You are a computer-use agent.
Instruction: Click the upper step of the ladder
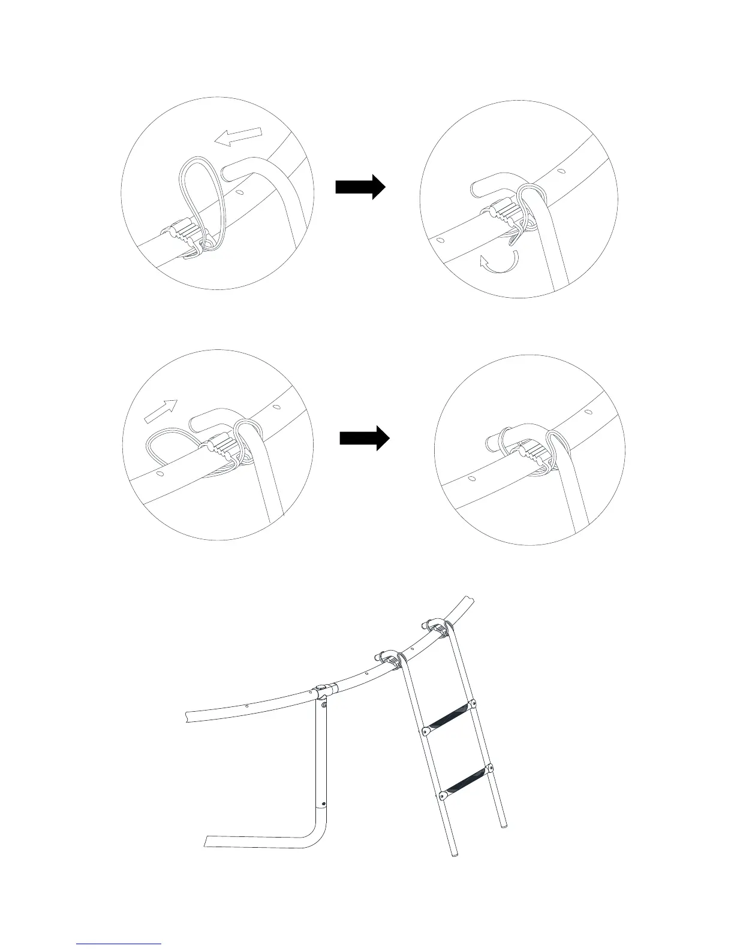pos(449,716)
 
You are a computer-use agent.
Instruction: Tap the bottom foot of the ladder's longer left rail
pos(455,853)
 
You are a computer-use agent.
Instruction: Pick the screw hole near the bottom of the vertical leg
pos(324,804)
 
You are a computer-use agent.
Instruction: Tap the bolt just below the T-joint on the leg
pos(324,706)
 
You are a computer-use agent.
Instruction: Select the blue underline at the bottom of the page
pos(119,944)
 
